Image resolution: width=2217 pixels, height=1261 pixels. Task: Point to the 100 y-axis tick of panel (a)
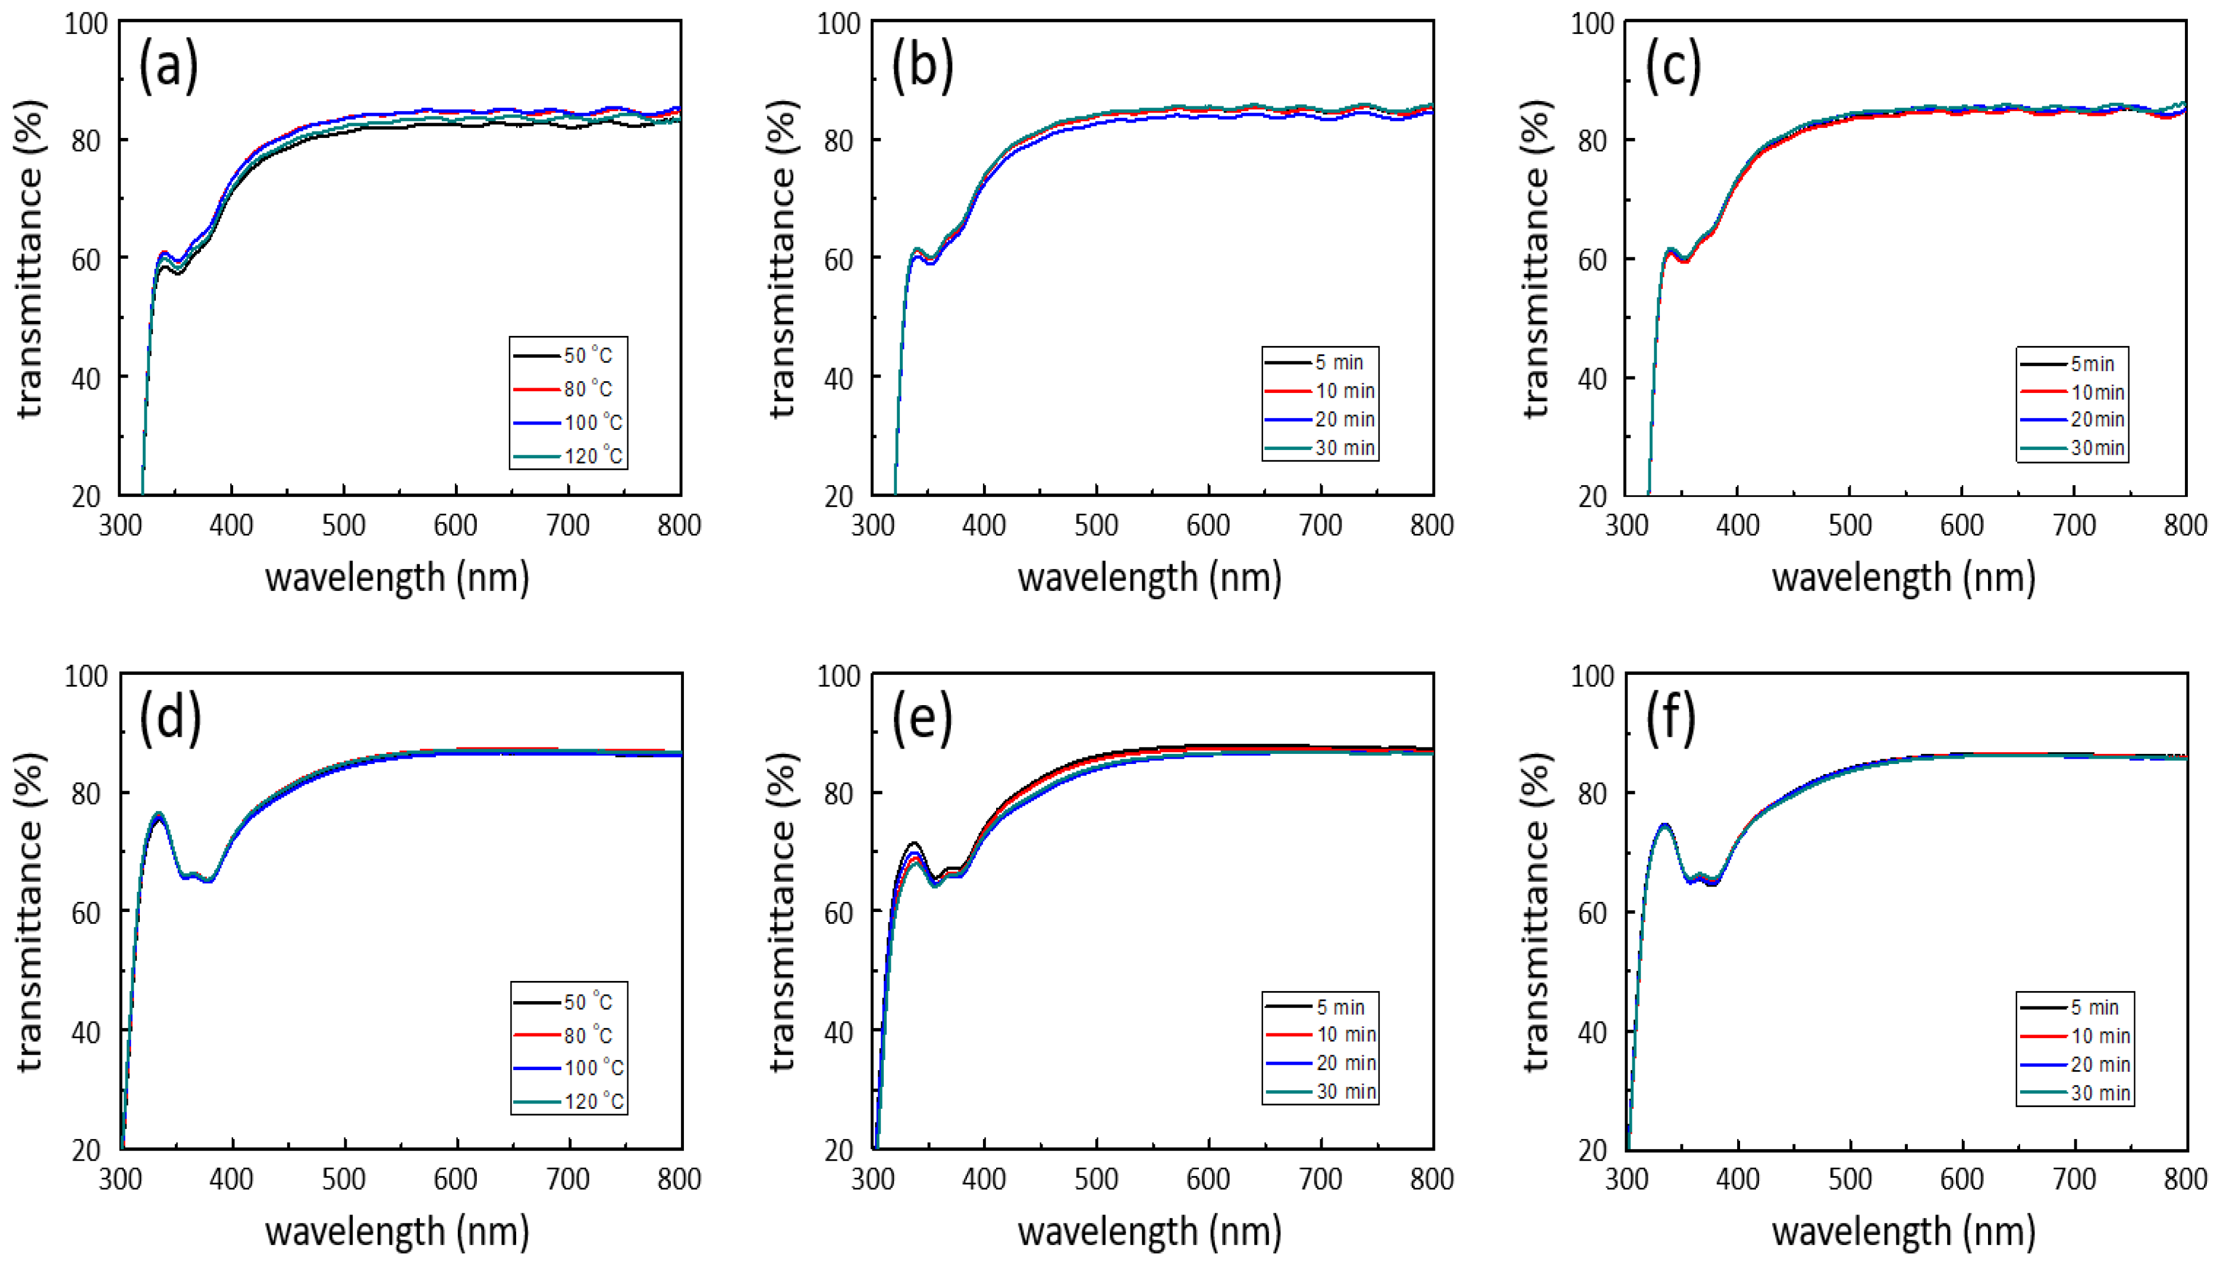(87, 23)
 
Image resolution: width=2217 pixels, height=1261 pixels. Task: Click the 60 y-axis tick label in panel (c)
(1593, 259)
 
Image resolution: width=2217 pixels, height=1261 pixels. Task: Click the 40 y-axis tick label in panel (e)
(839, 1032)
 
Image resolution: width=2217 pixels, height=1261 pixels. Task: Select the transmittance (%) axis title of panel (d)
(29, 911)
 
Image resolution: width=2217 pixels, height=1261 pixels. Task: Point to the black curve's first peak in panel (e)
(913, 842)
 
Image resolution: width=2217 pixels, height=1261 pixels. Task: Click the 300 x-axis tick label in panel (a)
(120, 525)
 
